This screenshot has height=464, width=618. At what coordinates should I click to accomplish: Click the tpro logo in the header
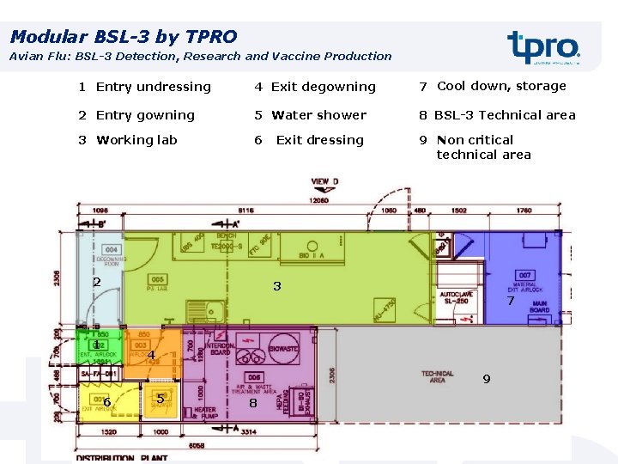coord(543,47)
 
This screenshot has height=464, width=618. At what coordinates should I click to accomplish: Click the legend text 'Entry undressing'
coord(153,87)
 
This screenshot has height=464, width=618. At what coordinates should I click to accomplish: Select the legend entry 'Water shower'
coord(318,115)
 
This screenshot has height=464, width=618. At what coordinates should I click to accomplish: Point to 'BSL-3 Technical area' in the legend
coord(505,115)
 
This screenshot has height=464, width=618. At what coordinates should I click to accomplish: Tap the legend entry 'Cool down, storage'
coord(501,86)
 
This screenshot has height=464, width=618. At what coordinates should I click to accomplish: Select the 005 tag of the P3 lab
coord(157,279)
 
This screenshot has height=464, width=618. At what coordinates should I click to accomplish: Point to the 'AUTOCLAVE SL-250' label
coord(456,297)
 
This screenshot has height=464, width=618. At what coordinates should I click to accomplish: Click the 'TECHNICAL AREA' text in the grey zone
coord(437,376)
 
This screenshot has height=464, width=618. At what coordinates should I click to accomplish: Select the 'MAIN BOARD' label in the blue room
coord(540,306)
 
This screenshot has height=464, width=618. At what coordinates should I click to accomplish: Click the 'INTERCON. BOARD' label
coord(221,349)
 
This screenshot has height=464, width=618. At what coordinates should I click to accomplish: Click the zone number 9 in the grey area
coord(486,379)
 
